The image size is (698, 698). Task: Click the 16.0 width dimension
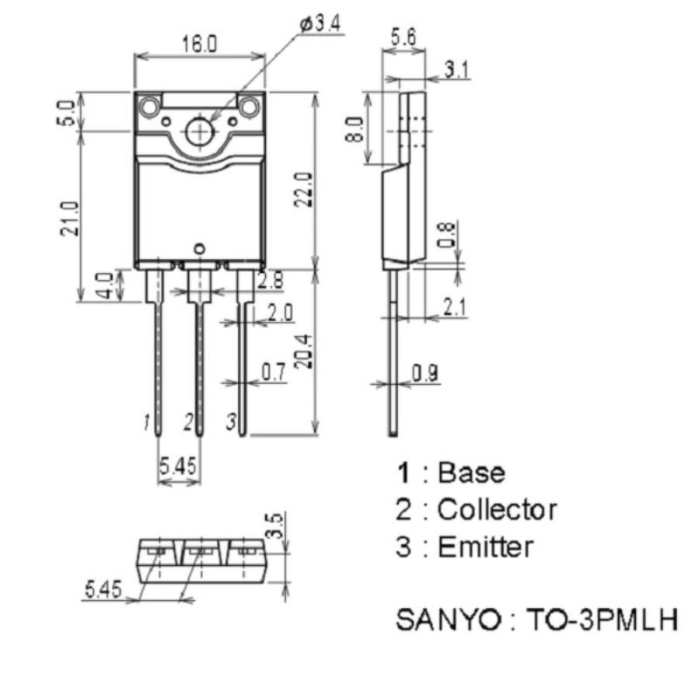click(199, 45)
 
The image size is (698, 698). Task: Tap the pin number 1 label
click(146, 423)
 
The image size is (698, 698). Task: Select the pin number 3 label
click(230, 423)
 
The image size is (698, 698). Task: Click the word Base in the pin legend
click(471, 472)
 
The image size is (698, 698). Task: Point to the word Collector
click(496, 510)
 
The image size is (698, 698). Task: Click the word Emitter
click(485, 547)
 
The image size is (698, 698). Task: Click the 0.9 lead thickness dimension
click(425, 374)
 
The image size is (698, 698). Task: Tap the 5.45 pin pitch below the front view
click(178, 466)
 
